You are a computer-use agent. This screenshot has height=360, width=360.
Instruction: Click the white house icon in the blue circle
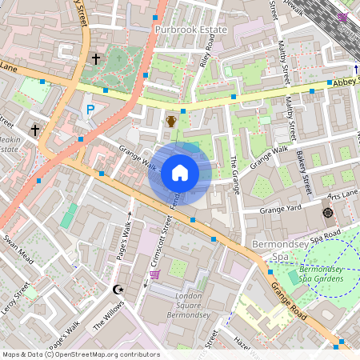[180, 173]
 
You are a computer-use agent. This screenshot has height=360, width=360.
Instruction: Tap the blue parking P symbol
[90, 110]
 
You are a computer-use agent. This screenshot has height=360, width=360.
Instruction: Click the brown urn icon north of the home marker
[170, 122]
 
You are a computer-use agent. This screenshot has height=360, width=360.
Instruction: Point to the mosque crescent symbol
[119, 289]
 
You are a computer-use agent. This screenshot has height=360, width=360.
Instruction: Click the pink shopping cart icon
[154, 274]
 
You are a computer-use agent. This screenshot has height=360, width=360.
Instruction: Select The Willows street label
[109, 314]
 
